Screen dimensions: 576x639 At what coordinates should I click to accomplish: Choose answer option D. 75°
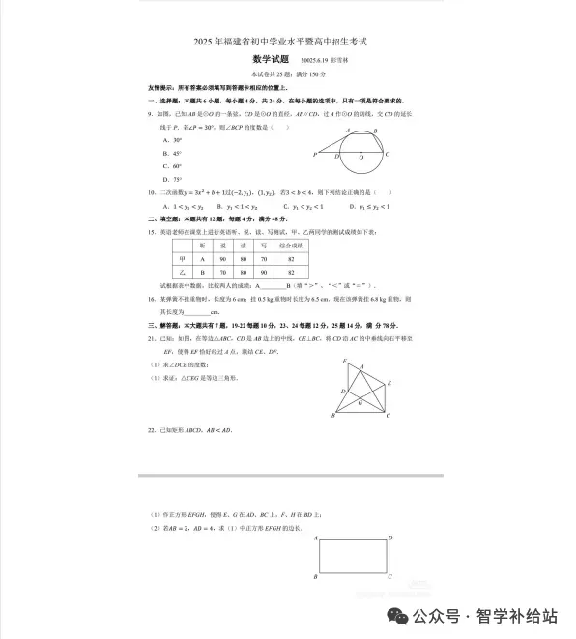tap(174, 179)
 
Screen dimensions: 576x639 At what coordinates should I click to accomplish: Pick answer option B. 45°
tap(174, 154)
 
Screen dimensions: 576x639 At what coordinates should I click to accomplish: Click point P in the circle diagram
tap(315, 155)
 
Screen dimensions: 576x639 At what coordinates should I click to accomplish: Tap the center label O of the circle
tap(360, 155)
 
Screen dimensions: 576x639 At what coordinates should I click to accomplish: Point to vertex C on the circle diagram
tap(388, 155)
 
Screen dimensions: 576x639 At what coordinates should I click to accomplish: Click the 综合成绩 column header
tap(291, 246)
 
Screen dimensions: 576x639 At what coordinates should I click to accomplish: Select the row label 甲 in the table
tap(182, 259)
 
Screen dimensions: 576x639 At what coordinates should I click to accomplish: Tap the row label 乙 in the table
tap(182, 274)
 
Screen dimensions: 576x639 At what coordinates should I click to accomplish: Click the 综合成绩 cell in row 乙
tap(291, 274)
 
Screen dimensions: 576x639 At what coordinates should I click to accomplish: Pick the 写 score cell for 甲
tap(263, 259)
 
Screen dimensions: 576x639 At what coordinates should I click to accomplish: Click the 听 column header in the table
tap(203, 246)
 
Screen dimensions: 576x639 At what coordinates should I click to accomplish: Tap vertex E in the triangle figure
tap(389, 383)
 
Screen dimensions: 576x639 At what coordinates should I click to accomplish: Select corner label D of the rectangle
tap(389, 537)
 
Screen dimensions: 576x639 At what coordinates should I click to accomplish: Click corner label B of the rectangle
tap(316, 577)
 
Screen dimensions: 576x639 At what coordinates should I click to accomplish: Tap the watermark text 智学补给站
tap(523, 615)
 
